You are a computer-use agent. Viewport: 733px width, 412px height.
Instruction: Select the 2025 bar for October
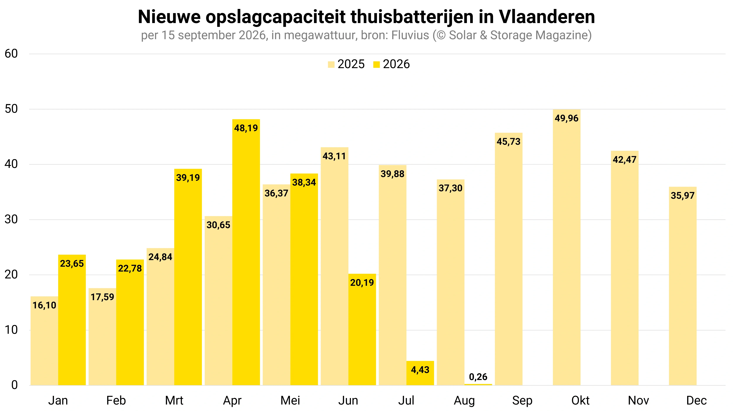(x=567, y=247)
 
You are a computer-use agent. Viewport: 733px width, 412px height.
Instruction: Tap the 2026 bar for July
(x=420, y=373)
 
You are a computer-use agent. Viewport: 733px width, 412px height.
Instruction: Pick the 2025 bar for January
(x=44, y=341)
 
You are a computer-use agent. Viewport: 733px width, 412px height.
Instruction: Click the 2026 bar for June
(x=362, y=330)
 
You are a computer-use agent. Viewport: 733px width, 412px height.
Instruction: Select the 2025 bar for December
(x=683, y=286)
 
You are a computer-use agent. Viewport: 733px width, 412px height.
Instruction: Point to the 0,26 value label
(x=478, y=377)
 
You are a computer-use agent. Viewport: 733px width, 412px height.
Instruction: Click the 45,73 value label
(x=509, y=142)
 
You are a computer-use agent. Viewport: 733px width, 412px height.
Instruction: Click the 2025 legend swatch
(x=331, y=65)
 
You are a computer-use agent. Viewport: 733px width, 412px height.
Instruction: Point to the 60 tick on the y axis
(x=11, y=54)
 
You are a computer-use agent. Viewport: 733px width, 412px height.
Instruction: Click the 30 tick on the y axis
(x=11, y=220)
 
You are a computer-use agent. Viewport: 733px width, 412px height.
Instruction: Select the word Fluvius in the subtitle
(x=410, y=35)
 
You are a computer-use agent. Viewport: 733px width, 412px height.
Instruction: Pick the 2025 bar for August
(x=450, y=282)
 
